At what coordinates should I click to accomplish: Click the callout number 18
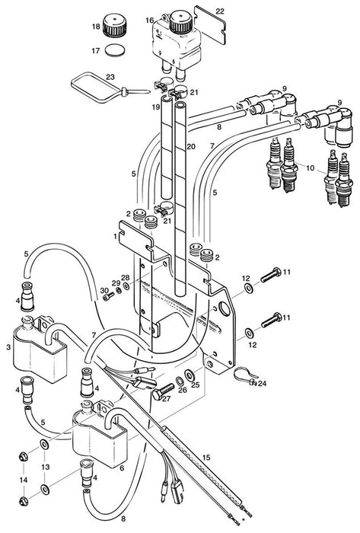(x=96, y=27)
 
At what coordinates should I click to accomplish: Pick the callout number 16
(x=149, y=19)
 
